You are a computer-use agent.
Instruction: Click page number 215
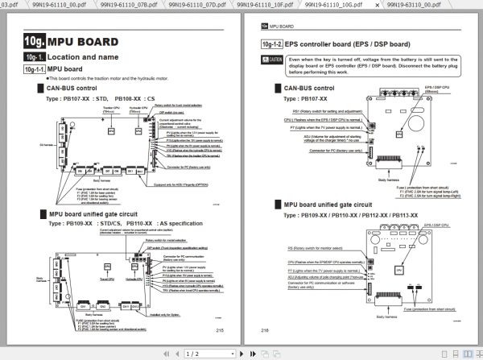220,329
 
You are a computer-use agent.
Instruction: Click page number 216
265,329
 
